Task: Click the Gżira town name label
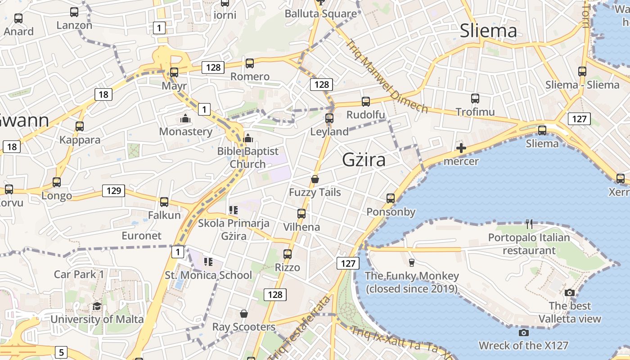364,160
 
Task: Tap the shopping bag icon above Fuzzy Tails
315,179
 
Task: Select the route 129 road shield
113,190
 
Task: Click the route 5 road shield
62,352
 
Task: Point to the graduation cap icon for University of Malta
97,306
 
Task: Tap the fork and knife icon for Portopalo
529,224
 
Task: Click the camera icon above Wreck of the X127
523,333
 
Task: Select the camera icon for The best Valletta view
570,292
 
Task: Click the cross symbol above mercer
461,148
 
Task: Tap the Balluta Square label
320,13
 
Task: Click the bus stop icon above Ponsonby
391,198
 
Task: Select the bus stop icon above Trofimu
475,99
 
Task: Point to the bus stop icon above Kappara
80,126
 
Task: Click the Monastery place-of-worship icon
185,119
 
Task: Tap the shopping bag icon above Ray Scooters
243,313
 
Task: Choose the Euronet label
141,236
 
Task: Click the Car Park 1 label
79,274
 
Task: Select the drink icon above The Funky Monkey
411,262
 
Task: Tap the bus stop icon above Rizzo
288,254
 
